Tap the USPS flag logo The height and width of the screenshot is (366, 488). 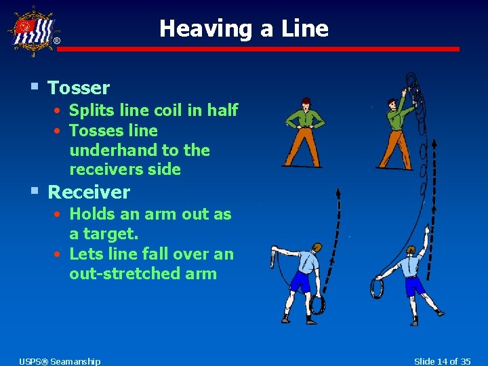point(32,30)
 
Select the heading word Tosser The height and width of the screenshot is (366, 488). point(79,88)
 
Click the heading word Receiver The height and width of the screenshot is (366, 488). point(89,192)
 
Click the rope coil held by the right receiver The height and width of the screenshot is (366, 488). point(376,289)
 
